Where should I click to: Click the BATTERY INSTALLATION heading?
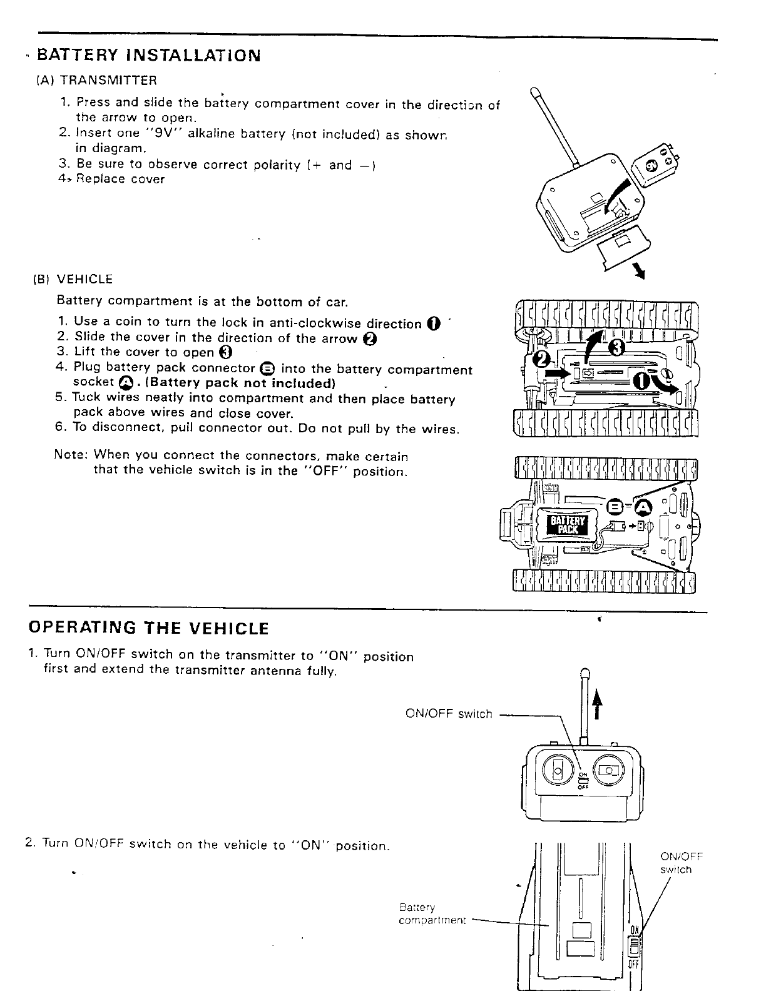148,56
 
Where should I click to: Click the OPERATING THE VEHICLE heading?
149,628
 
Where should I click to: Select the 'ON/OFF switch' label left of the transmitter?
449,714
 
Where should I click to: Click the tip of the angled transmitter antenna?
535,94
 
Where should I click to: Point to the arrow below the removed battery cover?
639,270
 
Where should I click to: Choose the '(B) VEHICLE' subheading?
73,279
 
